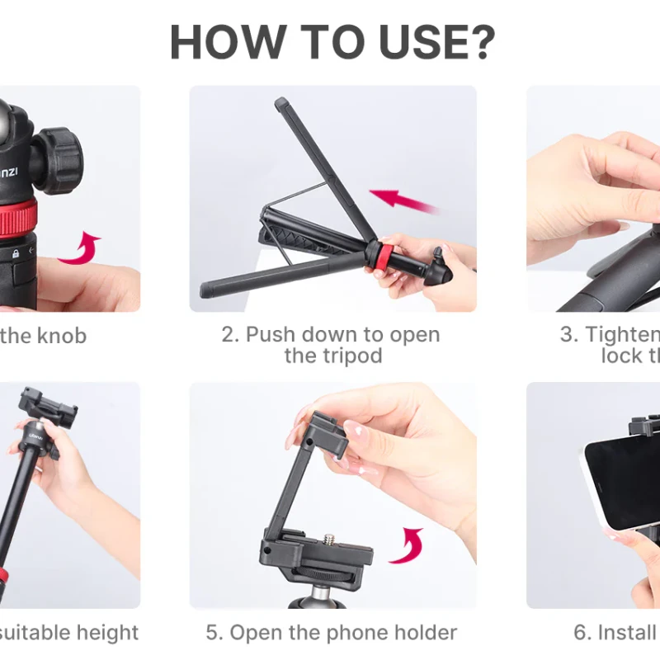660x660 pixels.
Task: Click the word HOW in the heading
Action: [219, 43]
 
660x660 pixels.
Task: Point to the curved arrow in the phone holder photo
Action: [407, 545]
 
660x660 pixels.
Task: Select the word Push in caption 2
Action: [271, 335]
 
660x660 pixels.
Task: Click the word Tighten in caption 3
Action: [623, 335]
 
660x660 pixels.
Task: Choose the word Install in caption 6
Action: [627, 633]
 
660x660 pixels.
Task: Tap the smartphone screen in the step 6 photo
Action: [619, 483]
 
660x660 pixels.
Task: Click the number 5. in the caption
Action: [214, 633]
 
